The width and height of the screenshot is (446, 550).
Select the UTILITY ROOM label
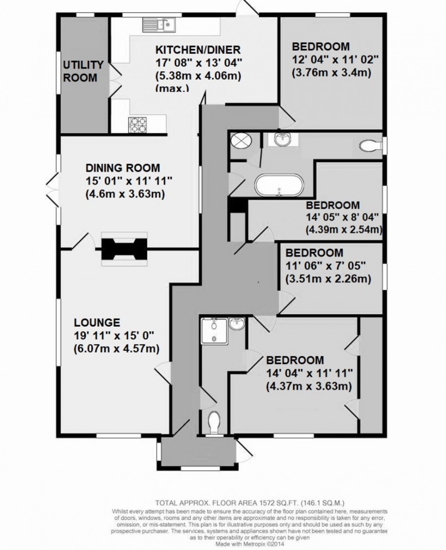pos(83,71)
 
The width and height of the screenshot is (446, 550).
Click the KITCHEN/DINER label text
pos(198,49)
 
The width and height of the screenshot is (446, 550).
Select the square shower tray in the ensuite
pos(215,331)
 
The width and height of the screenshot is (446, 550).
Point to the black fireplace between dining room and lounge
pos(125,248)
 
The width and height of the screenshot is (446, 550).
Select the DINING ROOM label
pos(123,168)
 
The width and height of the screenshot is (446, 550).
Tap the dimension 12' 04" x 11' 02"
pos(335,60)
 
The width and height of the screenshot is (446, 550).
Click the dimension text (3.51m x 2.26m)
pos(328,279)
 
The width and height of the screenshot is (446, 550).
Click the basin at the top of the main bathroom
pos(284,140)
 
